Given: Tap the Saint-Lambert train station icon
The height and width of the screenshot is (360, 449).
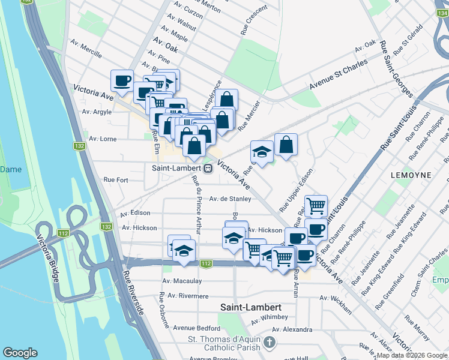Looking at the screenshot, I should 207,169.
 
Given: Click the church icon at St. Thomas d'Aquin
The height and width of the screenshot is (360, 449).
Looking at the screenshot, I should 270,343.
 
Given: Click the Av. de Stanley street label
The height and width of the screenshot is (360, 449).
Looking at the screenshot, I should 230,199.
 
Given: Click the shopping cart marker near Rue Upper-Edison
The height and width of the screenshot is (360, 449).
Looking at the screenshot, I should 316,206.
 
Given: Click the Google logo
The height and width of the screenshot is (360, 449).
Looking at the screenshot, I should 20,353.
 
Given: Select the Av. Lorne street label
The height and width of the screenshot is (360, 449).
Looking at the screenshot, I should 103,139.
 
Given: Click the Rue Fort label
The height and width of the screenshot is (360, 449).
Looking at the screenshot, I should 116,179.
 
